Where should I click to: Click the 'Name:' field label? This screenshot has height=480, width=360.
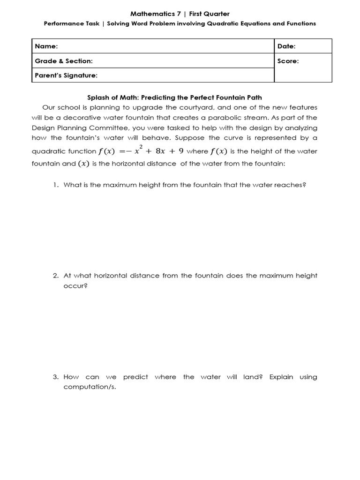click(x=46, y=46)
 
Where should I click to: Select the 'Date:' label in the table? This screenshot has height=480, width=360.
click(x=286, y=46)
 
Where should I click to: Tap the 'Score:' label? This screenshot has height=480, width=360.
click(x=288, y=61)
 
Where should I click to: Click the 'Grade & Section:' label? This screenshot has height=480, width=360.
click(x=64, y=61)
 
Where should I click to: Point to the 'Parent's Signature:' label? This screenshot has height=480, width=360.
click(x=66, y=75)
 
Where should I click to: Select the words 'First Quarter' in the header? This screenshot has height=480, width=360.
click(x=210, y=14)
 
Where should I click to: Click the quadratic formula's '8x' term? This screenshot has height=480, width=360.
click(x=160, y=151)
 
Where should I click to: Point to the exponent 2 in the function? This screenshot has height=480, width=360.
click(x=141, y=147)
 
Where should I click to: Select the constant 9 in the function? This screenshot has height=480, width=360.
click(x=181, y=151)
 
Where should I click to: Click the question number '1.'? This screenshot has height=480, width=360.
click(x=55, y=185)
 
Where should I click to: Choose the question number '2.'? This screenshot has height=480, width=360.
click(x=55, y=276)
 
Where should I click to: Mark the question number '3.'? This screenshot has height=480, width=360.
click(x=55, y=377)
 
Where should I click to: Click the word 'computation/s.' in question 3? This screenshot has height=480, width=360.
click(x=90, y=387)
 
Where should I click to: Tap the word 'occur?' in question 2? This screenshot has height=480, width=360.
click(x=75, y=286)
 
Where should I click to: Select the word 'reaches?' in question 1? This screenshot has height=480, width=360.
click(x=292, y=185)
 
